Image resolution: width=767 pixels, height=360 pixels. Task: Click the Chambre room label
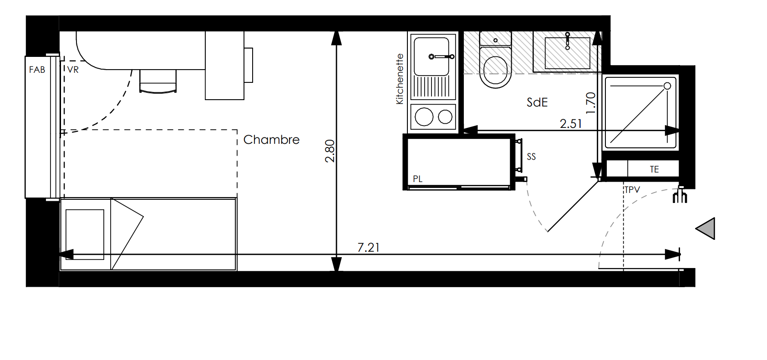click(271, 140)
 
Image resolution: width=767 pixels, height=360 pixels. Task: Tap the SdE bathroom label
click(537, 102)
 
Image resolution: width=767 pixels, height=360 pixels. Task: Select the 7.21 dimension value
click(368, 247)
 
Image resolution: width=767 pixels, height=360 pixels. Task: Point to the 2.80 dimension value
click(330, 151)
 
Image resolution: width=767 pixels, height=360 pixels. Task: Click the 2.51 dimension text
click(571, 123)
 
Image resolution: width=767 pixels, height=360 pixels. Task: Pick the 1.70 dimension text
click(591, 103)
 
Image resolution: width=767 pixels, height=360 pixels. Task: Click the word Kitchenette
click(400, 79)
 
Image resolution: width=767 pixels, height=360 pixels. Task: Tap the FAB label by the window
click(37, 70)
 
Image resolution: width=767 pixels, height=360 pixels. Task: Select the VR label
click(73, 70)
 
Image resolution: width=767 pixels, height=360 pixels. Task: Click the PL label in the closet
click(417, 178)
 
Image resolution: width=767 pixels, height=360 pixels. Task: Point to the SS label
click(531, 157)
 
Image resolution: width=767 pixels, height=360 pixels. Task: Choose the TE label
click(655, 169)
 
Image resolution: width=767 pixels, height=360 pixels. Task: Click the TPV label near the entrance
click(632, 190)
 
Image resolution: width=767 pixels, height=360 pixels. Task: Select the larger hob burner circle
click(424, 117)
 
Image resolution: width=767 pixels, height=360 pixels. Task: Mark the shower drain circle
click(667, 86)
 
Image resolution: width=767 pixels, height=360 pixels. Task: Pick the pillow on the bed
click(85, 234)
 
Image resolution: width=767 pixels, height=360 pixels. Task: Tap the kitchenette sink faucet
click(442, 56)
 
